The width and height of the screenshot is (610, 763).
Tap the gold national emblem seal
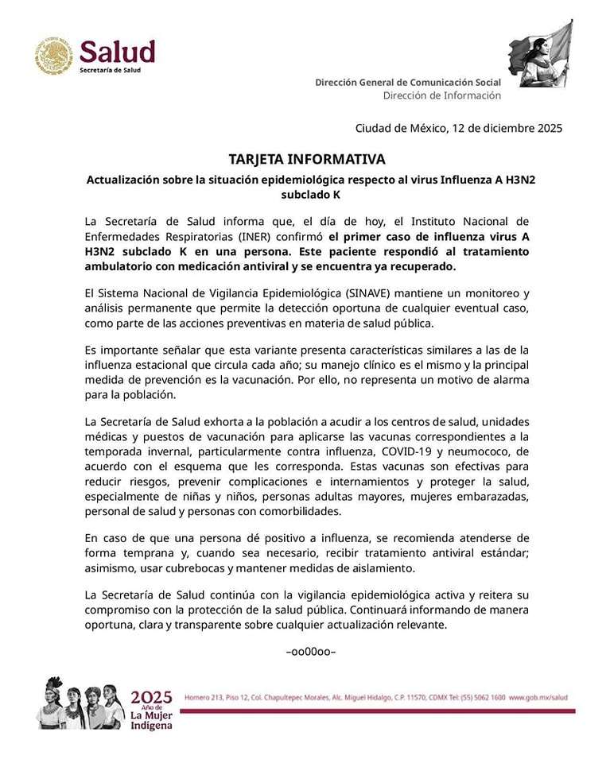[x=53, y=56]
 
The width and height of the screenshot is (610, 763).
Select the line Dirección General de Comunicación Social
[x=408, y=82]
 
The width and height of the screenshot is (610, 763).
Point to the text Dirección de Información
[x=441, y=95]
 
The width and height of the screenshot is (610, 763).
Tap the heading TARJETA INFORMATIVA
[x=306, y=159]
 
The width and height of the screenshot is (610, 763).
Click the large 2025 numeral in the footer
[x=151, y=697]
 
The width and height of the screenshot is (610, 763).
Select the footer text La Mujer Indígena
[x=151, y=719]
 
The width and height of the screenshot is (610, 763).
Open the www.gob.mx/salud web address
[x=538, y=697]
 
